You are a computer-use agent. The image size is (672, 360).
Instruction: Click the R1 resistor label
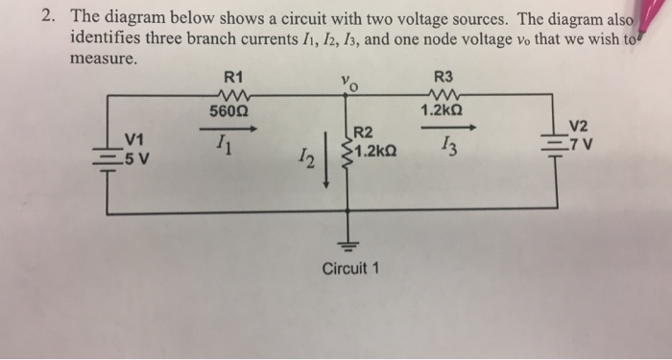click(x=232, y=76)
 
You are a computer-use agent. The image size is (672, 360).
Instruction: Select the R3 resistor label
click(x=443, y=76)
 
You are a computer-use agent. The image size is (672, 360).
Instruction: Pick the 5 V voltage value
click(x=136, y=158)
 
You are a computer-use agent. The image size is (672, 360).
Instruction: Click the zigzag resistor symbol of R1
click(x=232, y=94)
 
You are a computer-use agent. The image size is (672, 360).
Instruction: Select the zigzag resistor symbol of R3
click(x=443, y=94)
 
